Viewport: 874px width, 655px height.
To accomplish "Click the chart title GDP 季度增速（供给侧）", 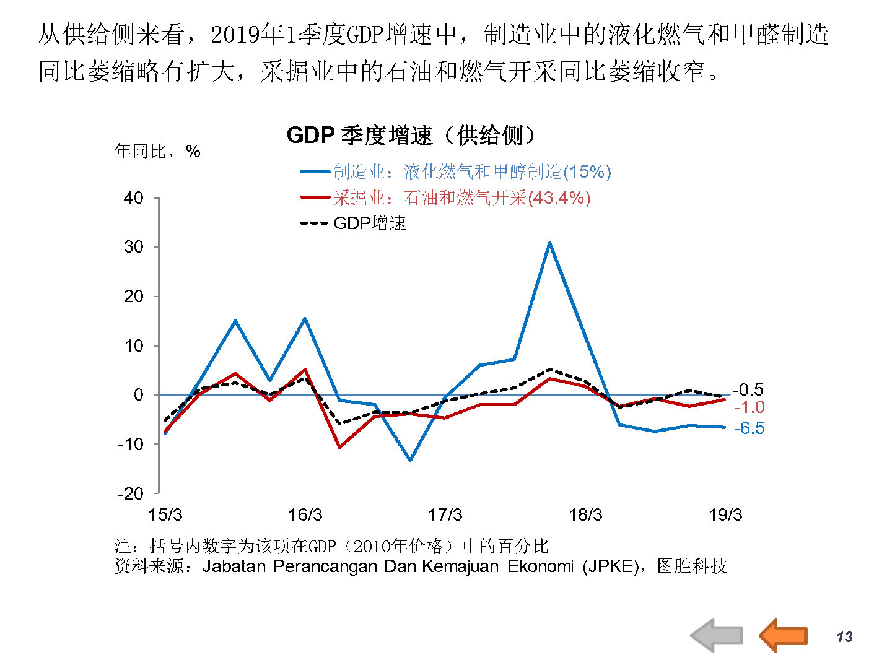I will pos(411,135).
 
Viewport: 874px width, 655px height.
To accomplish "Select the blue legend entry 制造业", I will pos(456,171).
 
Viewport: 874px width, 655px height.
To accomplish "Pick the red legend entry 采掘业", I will pos(445,197).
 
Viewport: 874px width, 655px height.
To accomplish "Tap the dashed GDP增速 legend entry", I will pos(354,223).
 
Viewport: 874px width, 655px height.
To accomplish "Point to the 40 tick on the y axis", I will pos(134,198).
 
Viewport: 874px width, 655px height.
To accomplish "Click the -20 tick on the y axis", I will pos(131,493).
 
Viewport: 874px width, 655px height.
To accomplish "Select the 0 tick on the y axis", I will pos(138,395).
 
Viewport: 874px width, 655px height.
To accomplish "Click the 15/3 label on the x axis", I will pos(165,515).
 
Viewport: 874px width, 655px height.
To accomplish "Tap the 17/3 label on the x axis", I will pos(445,515).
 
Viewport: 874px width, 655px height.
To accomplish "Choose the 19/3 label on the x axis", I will pos(725,515).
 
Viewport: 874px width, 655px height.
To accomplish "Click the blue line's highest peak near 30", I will pos(549,243).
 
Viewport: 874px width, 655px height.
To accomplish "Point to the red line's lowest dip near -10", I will pos(339,447).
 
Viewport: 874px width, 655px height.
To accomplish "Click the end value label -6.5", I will pos(749,428).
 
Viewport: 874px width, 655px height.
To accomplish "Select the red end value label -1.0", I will pos(749,407).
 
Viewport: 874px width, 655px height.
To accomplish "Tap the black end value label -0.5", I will pos(748,390).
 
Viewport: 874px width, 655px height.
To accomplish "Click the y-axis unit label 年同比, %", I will pos(157,151).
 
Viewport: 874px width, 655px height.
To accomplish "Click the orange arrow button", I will pos(783,635).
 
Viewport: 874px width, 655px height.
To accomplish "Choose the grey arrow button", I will pos(716,635).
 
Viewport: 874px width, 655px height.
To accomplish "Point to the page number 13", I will pos(844,637).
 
